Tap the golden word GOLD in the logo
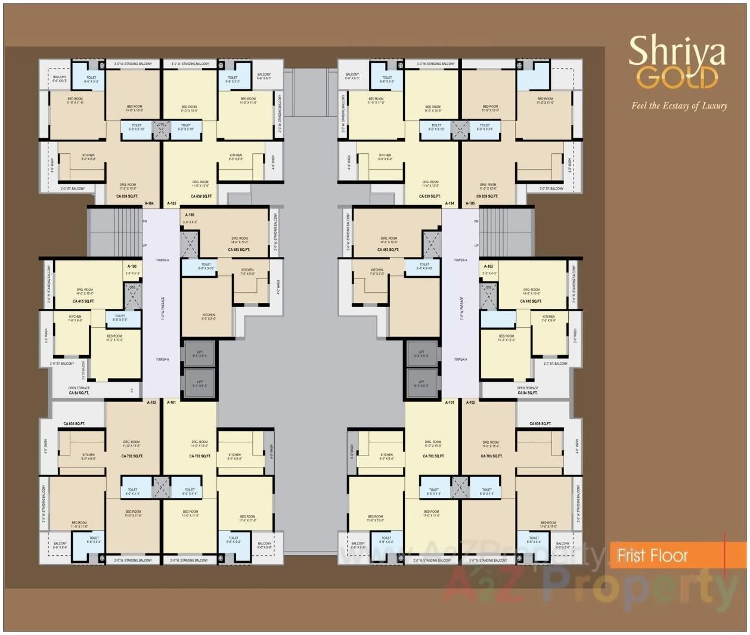(x=677, y=78)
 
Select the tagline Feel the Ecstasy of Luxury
(x=679, y=106)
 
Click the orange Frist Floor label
(x=652, y=556)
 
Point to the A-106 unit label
(x=190, y=215)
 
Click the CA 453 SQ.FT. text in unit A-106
(x=238, y=250)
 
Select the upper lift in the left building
(x=199, y=354)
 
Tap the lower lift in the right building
(x=422, y=383)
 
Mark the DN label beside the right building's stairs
(x=476, y=221)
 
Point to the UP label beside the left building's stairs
(x=144, y=246)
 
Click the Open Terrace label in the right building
(x=528, y=388)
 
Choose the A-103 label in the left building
(x=132, y=267)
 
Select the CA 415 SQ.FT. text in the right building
(x=531, y=301)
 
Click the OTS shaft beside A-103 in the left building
(x=132, y=295)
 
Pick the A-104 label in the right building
(x=450, y=203)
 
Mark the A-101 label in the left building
(x=172, y=402)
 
